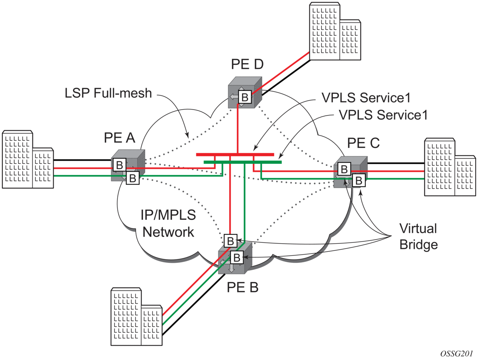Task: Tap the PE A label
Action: [x=119, y=138]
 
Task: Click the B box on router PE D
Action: [x=245, y=97]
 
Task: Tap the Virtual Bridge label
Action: [x=418, y=236]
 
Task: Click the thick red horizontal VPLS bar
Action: [x=235, y=154]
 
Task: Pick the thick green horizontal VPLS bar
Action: [x=242, y=162]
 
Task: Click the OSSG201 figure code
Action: [x=456, y=353]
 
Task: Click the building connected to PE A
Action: [x=28, y=159]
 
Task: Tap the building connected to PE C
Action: [x=450, y=167]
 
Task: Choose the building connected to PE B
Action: [x=137, y=317]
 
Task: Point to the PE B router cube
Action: [x=234, y=261]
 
